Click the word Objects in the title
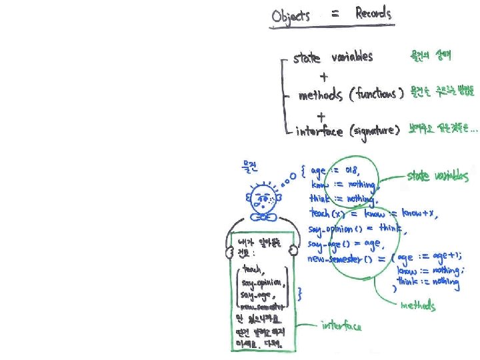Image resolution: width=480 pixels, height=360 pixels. tap(291, 15)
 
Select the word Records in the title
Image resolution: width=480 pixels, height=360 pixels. tap(365, 13)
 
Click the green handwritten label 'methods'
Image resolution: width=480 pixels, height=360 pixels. tap(418, 306)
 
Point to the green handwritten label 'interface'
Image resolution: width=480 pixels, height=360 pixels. tap(341, 325)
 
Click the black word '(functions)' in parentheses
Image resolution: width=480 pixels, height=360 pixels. tap(376, 95)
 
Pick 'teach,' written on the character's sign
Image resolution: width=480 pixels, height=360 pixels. tap(253, 269)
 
